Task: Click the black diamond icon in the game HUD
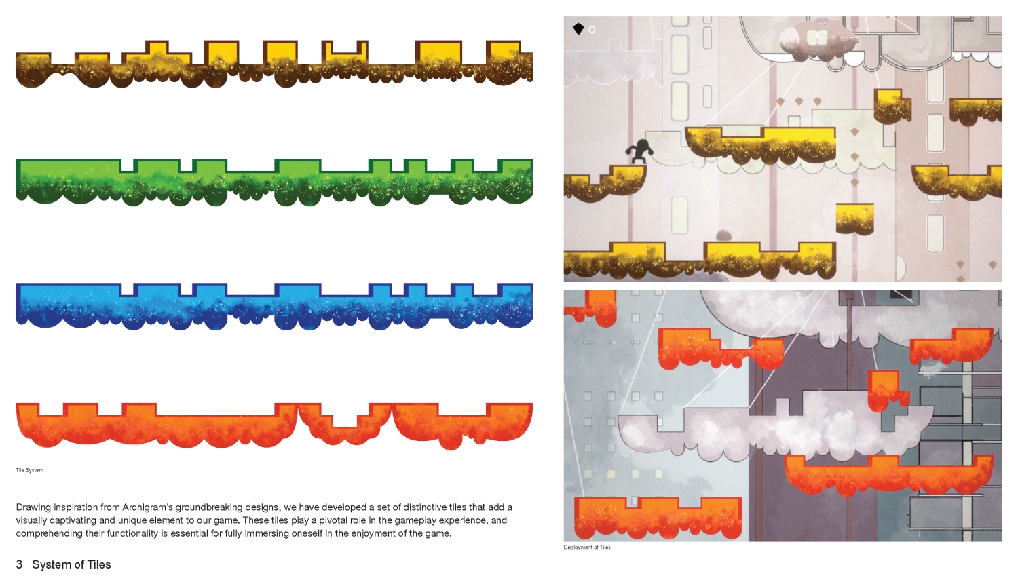578,29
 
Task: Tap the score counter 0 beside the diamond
592,30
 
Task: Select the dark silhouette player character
639,151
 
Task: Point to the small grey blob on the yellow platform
723,235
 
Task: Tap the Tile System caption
30,470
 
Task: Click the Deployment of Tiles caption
587,547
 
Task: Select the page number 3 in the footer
19,564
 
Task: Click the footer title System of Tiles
71,564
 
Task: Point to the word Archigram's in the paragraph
147,507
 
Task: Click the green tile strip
274,184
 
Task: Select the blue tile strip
274,307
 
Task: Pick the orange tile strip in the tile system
274,425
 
